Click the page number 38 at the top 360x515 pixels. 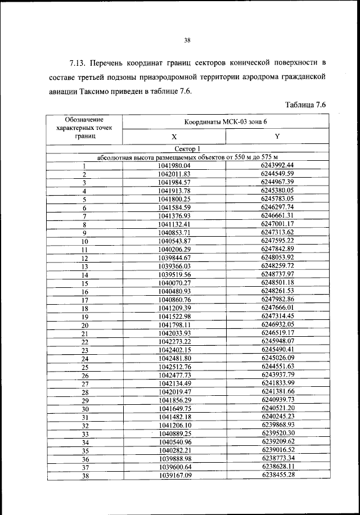point(187,39)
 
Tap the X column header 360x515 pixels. point(174,137)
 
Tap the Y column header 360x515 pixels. point(277,137)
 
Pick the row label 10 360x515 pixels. point(84,241)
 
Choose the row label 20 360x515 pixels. point(84,326)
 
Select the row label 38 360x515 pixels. point(84,476)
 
